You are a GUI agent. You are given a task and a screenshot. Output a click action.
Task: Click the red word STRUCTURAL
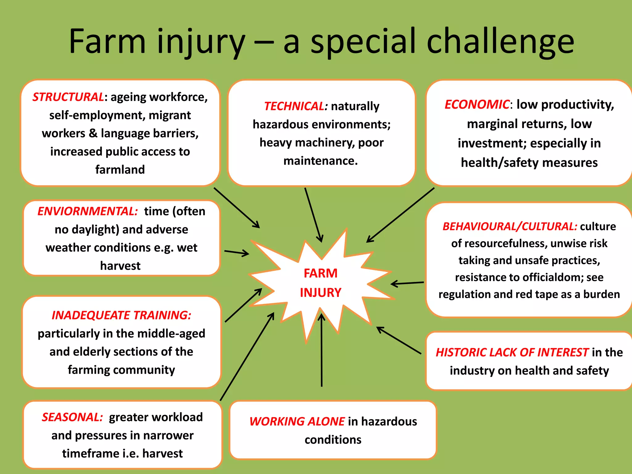coord(68,97)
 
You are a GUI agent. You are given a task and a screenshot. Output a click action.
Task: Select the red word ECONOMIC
coord(477,104)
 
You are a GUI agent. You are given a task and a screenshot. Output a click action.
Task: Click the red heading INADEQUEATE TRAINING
coord(121,315)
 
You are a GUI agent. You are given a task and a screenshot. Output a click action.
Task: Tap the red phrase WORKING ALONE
coord(297,421)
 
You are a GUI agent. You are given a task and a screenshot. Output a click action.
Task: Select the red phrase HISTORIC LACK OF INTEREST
coord(512,352)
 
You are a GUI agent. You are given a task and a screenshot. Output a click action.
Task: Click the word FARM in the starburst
coord(321,273)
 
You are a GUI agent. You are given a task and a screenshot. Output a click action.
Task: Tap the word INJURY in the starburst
coord(321,293)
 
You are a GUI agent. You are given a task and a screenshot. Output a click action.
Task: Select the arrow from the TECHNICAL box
coord(313,214)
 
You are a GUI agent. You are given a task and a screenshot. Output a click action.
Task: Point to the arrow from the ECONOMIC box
coord(401,215)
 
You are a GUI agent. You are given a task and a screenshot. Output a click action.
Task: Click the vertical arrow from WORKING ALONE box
coord(322,350)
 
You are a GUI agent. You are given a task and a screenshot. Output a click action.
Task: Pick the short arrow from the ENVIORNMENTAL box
coord(237,253)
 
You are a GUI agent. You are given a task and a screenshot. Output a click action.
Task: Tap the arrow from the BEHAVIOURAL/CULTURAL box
coord(407,283)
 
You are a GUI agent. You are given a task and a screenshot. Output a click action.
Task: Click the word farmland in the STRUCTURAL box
coord(120,169)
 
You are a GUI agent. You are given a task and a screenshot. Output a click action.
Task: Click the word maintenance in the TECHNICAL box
coord(320,161)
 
